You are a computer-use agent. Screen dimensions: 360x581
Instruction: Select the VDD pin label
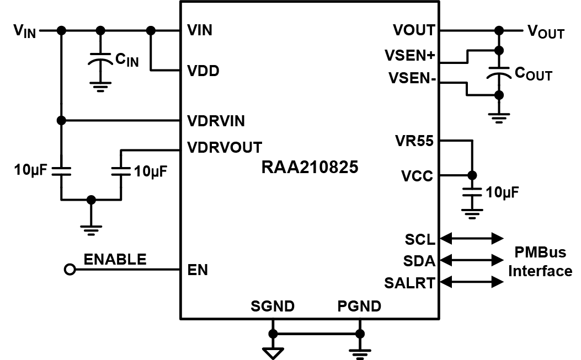[204, 71]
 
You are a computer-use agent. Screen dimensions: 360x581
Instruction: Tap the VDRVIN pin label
[216, 120]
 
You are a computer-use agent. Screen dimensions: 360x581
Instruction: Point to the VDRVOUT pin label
[225, 147]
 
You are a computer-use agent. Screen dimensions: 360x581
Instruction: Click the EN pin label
[197, 270]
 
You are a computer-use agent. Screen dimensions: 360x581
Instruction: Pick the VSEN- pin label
[412, 79]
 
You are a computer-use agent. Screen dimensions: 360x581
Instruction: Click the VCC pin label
[417, 176]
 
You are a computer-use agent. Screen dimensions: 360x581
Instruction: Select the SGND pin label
[273, 306]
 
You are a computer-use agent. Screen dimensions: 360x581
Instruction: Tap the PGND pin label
[359, 306]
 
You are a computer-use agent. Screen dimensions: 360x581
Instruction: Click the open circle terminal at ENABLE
[70, 270]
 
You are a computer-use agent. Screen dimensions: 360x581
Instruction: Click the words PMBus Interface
[540, 262]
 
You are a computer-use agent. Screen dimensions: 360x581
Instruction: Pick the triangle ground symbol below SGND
[273, 352]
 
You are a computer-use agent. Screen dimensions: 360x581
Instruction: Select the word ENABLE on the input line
[115, 259]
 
